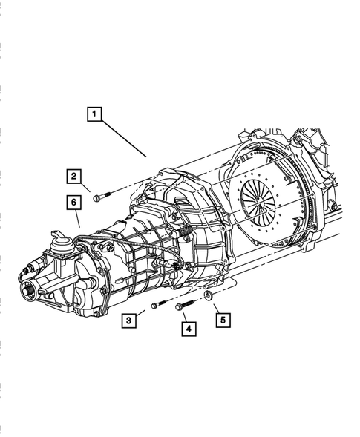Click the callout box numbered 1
click(94, 114)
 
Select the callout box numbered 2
click(74, 176)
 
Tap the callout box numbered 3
click(130, 320)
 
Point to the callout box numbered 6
click(74, 201)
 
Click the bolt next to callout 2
click(102, 197)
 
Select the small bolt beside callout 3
click(155, 305)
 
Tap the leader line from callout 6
click(78, 217)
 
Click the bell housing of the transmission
click(193, 223)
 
